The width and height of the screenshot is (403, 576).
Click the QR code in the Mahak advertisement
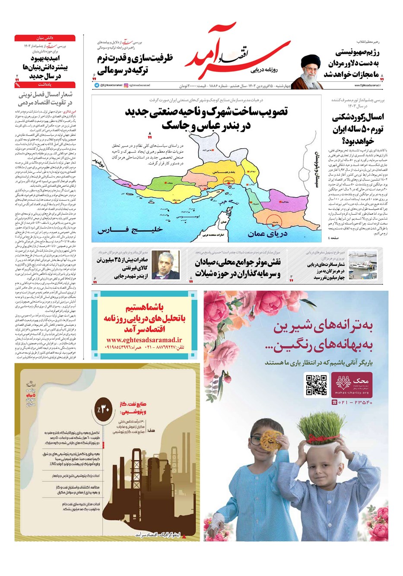[316, 385]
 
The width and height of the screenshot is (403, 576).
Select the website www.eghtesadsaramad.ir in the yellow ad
[144, 340]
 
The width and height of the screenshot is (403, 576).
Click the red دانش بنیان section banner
[45, 38]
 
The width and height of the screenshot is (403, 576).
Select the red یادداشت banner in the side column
[45, 85]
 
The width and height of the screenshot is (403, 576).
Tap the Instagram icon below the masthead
[126, 86]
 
